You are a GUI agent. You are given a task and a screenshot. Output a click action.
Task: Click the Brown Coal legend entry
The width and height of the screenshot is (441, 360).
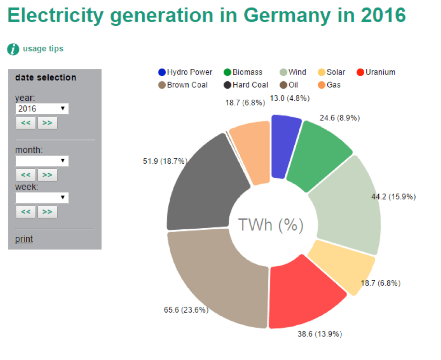tap(182, 85)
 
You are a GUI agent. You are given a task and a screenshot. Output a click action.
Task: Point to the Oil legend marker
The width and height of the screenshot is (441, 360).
tap(283, 85)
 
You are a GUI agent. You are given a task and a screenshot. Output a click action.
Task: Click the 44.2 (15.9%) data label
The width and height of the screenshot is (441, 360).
tap(393, 197)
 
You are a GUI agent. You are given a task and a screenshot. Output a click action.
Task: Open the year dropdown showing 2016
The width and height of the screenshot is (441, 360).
tap(42, 109)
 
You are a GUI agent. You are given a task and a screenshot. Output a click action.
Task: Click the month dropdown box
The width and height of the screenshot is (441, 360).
tap(42, 161)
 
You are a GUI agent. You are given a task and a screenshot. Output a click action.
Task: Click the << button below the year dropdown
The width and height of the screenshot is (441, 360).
tap(25, 123)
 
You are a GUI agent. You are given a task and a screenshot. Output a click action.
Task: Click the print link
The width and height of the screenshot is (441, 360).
tap(24, 239)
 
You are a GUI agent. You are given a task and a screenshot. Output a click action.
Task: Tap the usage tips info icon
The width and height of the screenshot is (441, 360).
tap(14, 49)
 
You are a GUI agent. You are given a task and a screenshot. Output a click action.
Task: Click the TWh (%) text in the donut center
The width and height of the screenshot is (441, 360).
tap(270, 225)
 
